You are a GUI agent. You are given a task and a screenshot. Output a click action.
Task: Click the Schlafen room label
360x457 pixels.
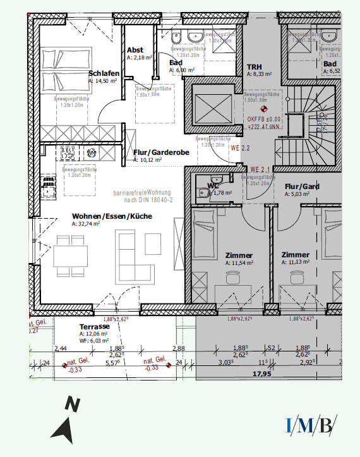click(x=104, y=73)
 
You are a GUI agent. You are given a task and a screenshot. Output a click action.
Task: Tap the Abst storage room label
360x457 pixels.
click(x=135, y=50)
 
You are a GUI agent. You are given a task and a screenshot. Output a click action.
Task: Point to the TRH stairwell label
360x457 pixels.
click(x=254, y=66)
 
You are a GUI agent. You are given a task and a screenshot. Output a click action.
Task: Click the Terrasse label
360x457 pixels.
click(x=95, y=326)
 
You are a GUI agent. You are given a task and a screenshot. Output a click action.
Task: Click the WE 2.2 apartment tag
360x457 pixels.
click(x=241, y=148)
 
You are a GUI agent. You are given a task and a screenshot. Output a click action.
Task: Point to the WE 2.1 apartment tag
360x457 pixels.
click(x=260, y=169)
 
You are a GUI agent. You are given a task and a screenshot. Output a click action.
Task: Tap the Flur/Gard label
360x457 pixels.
click(x=302, y=186)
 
